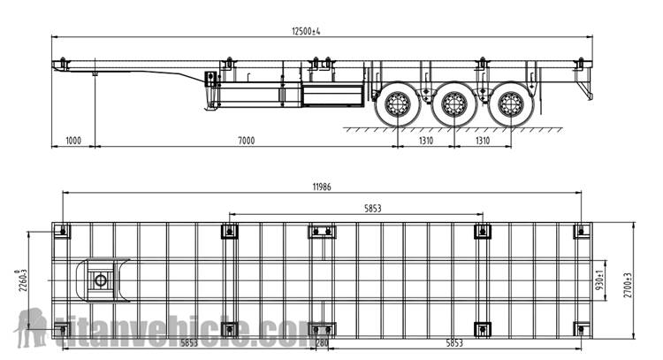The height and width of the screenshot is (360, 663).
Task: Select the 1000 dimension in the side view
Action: (72, 141)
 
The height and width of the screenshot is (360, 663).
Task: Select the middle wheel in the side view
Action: (453, 104)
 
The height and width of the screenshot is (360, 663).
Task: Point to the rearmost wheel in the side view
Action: (510, 104)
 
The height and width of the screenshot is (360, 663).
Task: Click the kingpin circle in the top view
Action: (100, 281)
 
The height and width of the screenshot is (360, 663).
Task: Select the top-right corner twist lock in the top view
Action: (580, 232)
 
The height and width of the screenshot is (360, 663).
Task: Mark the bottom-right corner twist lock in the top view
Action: (580, 329)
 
